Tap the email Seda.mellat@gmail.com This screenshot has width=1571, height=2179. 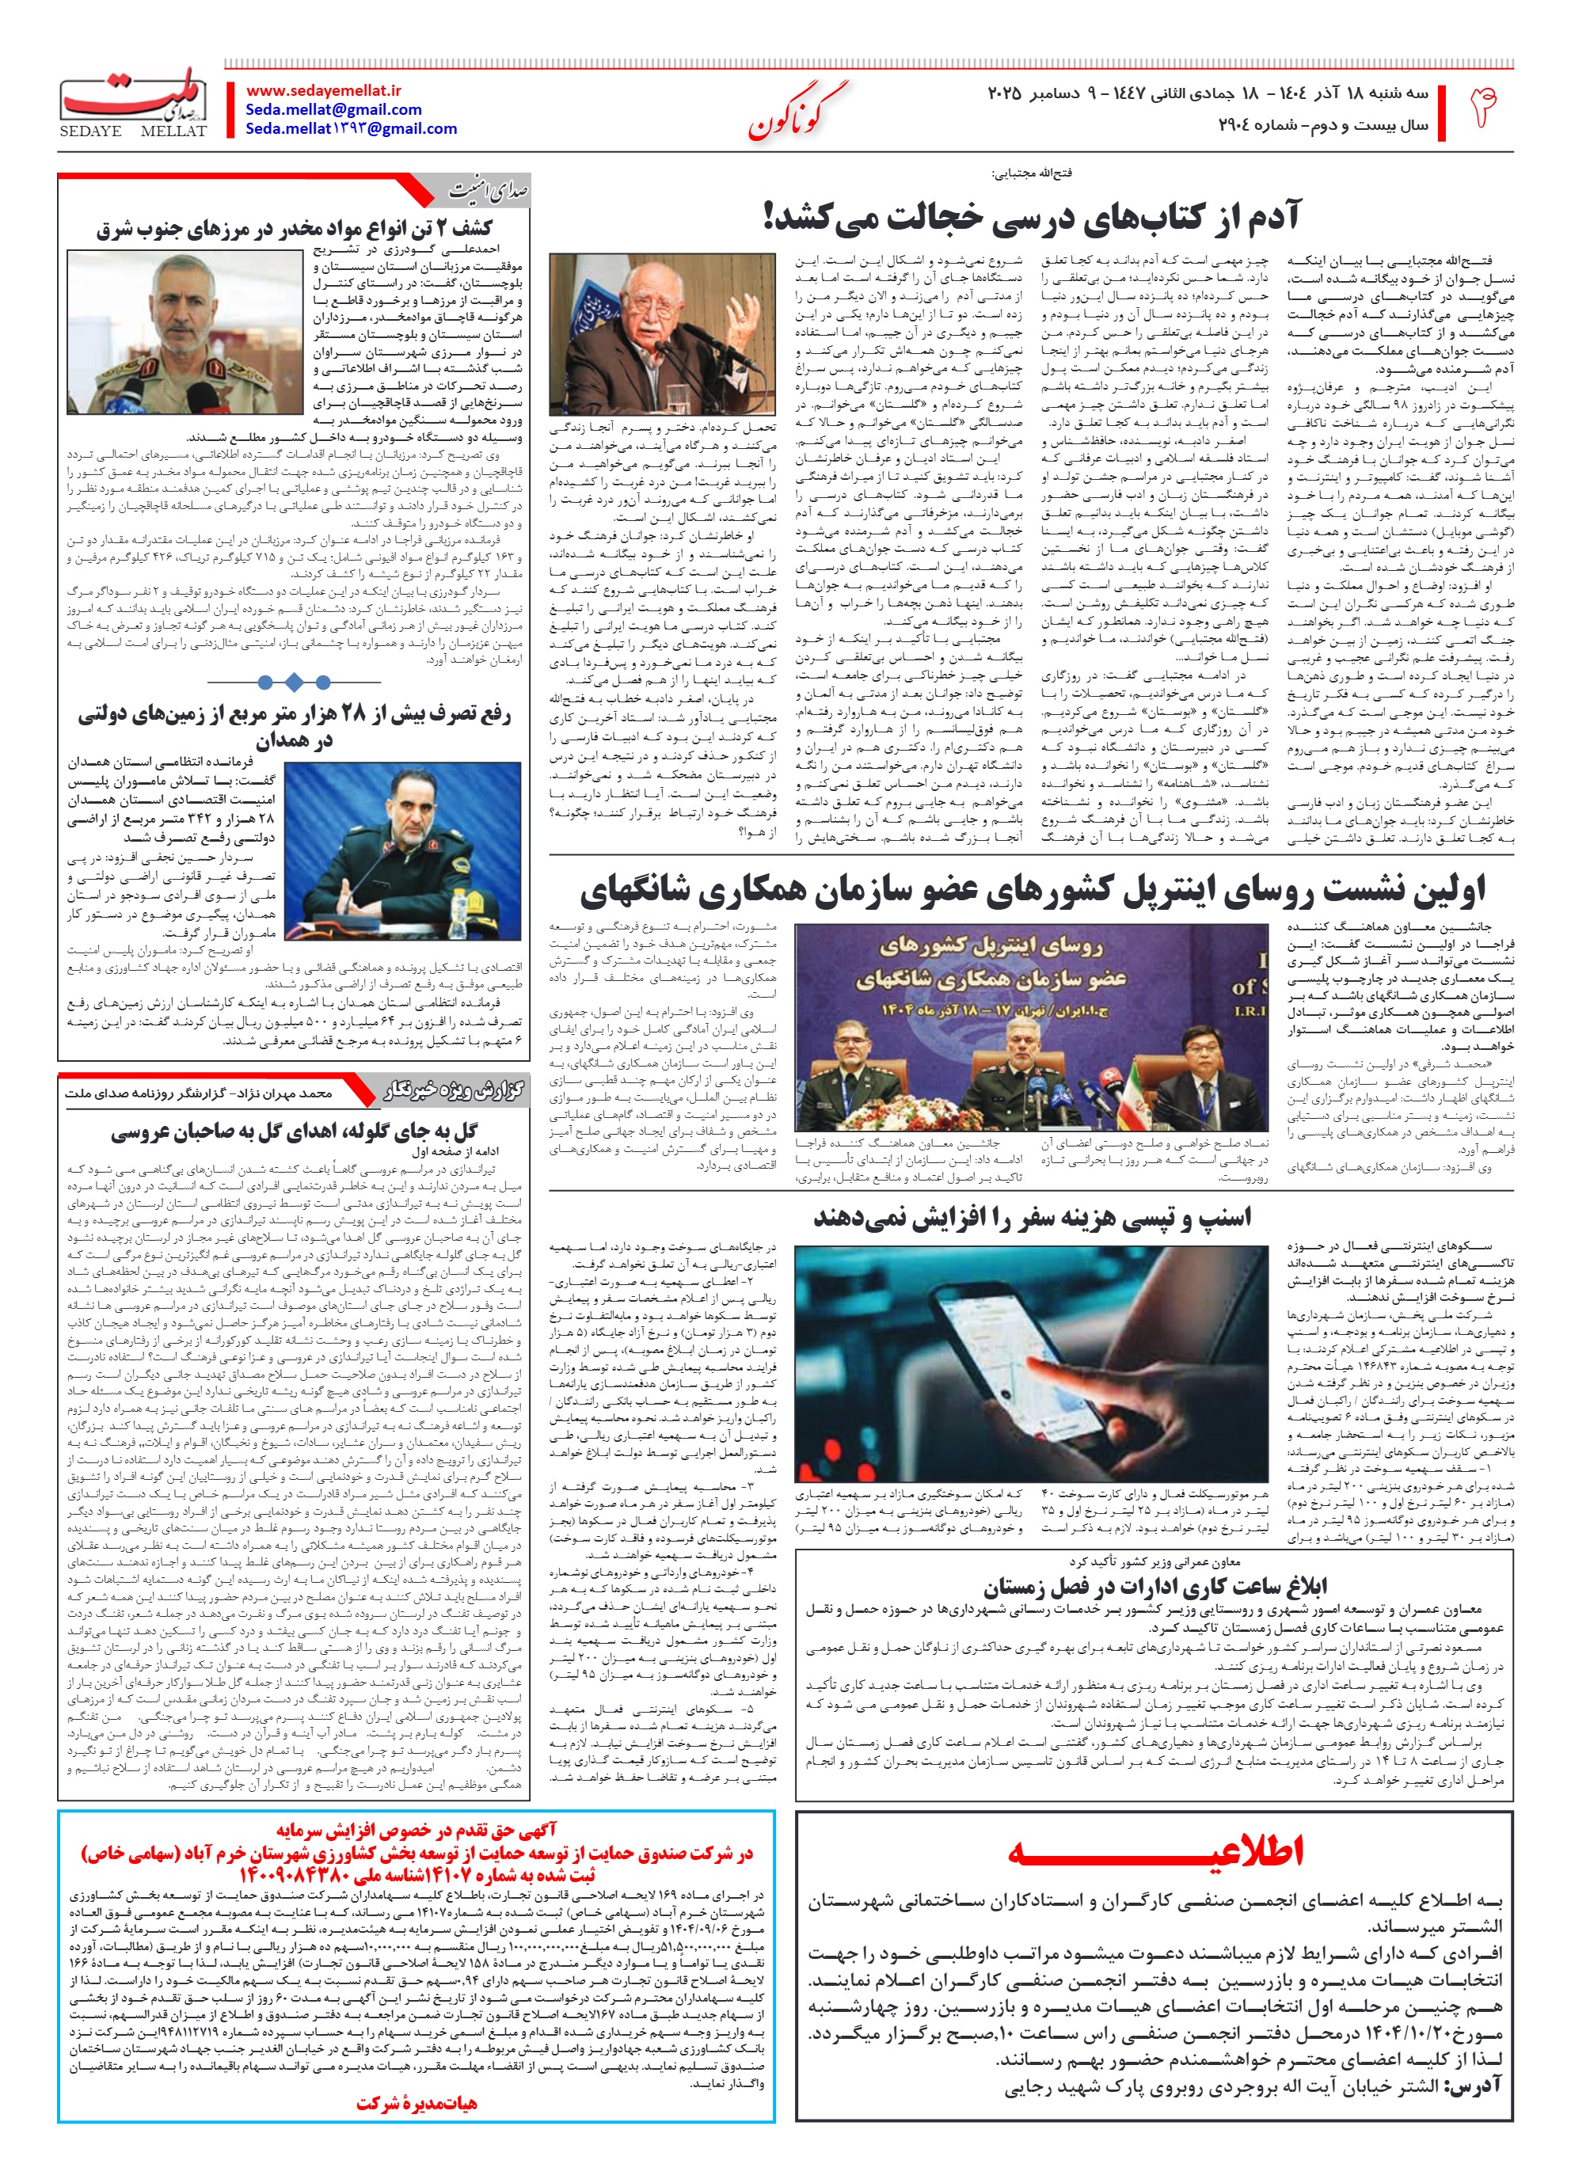click(x=333, y=109)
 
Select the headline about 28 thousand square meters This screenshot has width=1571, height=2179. click(x=293, y=726)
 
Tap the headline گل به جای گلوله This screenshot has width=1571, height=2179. click(x=293, y=1131)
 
